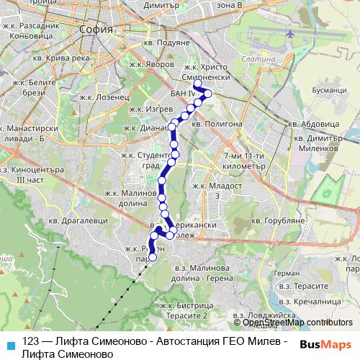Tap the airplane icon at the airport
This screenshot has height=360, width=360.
(289, 35)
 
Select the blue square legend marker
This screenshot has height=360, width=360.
(9, 343)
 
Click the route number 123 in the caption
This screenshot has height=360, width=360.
(31, 341)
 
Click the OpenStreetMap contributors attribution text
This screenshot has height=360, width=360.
(298, 323)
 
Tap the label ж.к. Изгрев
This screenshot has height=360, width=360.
(146, 109)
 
